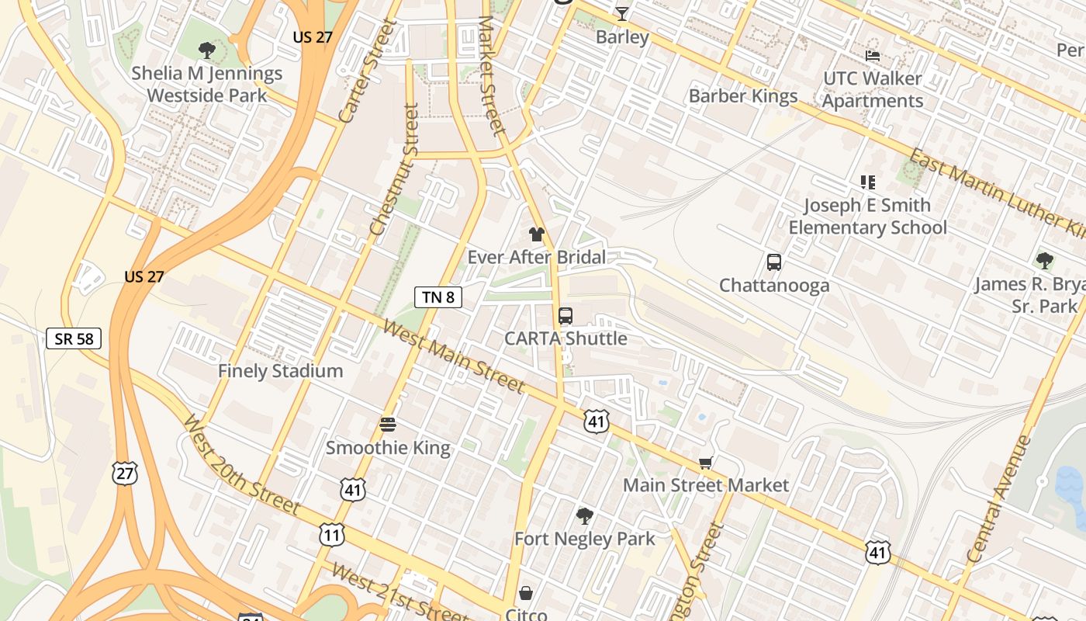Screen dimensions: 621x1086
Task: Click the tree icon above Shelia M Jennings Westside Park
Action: (206, 51)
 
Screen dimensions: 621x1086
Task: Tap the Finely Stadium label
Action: (280, 371)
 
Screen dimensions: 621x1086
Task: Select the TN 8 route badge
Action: (438, 297)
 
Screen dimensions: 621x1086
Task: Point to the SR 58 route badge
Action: (74, 338)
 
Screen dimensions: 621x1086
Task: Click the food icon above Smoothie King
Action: (388, 425)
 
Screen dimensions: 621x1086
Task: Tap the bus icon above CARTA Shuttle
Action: (565, 316)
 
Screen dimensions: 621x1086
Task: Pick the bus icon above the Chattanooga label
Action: (773, 262)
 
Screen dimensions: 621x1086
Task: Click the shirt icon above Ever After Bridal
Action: (536, 234)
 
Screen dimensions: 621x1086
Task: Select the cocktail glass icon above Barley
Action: (622, 13)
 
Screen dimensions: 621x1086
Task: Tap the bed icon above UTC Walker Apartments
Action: (873, 56)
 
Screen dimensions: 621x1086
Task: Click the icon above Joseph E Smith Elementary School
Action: (867, 182)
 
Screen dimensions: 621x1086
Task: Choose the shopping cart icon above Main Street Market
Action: (705, 463)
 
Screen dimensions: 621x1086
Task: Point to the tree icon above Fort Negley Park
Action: (585, 515)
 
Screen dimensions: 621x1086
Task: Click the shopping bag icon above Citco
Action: (526, 594)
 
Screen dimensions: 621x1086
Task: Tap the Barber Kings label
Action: (743, 96)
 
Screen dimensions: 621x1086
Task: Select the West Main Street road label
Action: (454, 358)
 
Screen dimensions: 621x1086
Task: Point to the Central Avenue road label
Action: (1000, 498)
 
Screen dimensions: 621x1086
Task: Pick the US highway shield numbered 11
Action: (332, 534)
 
